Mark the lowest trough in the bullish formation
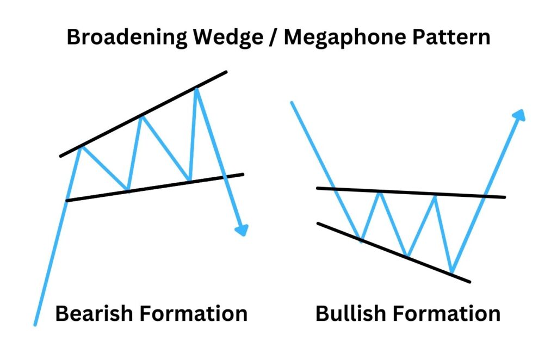coord(451,271)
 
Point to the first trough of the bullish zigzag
coord(361,240)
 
